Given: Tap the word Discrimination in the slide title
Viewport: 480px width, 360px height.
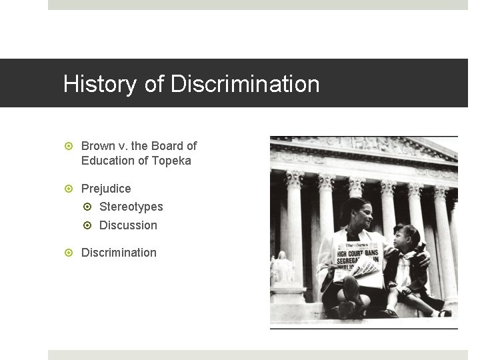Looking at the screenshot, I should [x=245, y=85].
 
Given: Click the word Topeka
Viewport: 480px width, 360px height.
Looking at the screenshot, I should [x=172, y=161].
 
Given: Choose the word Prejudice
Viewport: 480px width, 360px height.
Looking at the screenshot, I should [x=106, y=189].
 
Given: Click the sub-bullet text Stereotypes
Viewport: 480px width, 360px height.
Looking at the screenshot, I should [x=131, y=207].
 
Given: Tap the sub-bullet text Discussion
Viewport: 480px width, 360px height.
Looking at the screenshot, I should [x=128, y=225].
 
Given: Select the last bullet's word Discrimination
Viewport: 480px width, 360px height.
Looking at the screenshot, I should [x=119, y=253].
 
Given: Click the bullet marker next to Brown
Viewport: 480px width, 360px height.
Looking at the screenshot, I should [x=69, y=146].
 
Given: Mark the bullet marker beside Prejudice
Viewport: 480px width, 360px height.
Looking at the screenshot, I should [x=69, y=189].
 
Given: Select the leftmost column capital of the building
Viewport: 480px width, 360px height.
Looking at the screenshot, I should [x=294, y=179].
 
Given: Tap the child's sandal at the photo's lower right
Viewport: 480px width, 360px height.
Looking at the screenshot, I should [x=445, y=313].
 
